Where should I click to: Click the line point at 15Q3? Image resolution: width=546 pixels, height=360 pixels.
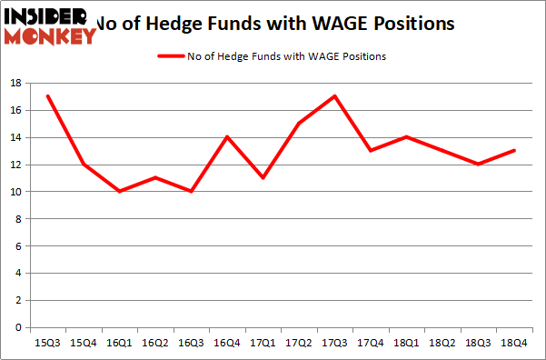pos(47,96)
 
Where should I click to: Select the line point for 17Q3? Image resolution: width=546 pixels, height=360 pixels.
pos(335,96)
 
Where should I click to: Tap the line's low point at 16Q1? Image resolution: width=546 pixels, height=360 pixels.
pos(119,192)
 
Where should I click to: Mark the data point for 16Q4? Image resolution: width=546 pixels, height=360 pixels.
pos(227,137)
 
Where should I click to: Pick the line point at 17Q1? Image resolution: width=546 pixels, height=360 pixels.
pos(263,178)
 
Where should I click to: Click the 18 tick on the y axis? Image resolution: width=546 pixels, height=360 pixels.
pos(16,83)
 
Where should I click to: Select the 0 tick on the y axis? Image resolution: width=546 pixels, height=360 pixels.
pos(19,327)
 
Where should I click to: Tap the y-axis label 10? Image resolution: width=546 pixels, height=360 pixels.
pos(16,192)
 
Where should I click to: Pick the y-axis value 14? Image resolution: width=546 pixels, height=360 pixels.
pos(16,137)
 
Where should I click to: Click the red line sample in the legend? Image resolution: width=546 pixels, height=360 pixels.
pos(170,56)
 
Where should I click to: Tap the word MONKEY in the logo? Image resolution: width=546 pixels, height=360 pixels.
pos(50,36)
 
